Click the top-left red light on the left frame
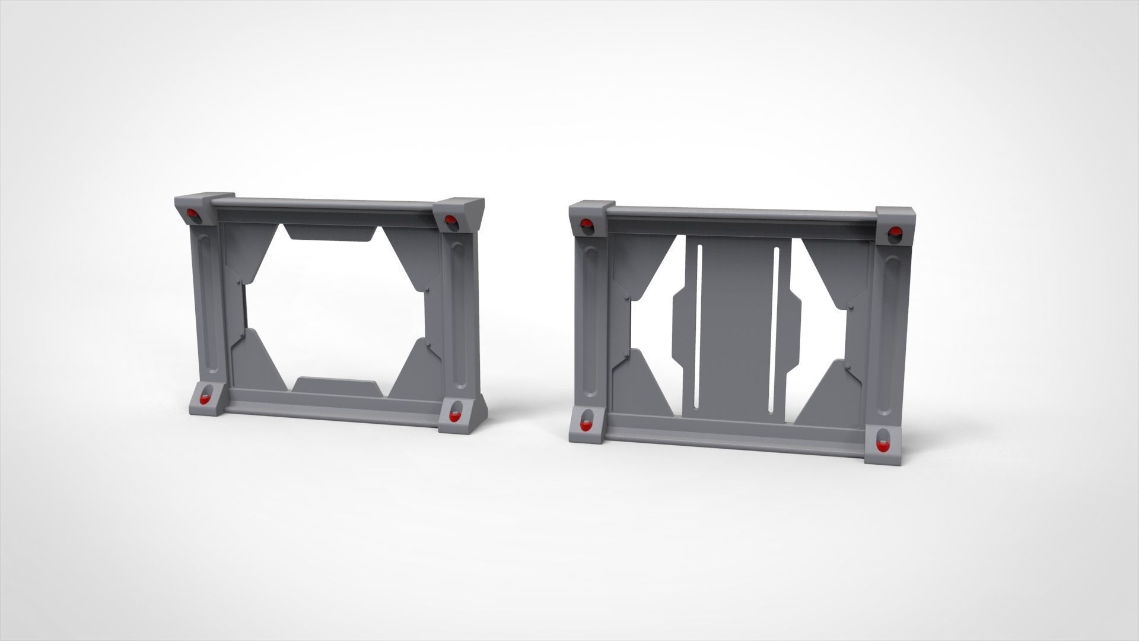[x=192, y=214]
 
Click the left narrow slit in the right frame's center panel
[x=699, y=326]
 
